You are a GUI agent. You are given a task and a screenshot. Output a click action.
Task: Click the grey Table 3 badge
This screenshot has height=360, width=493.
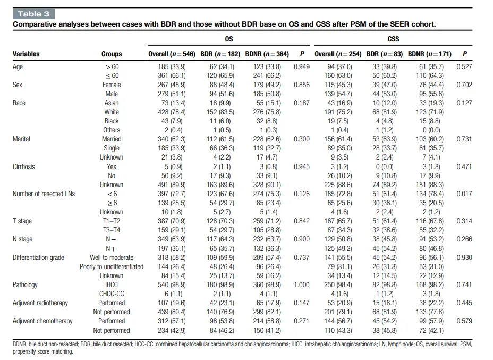pos(33,14)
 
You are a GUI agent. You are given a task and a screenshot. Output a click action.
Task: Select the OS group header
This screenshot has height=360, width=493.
pos(229,39)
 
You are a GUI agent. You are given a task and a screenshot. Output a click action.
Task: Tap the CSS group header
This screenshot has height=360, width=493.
pos(393,39)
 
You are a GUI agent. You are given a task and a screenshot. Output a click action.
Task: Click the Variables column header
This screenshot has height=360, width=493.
pos(26,54)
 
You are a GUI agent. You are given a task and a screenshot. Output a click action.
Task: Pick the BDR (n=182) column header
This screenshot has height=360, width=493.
pos(220,54)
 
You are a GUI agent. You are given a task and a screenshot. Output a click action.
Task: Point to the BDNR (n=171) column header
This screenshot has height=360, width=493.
pos(429,54)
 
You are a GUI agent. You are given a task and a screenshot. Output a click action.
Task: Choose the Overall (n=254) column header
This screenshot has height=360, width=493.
pos(338,54)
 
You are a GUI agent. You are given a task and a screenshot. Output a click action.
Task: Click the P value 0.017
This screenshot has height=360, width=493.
pos(464,194)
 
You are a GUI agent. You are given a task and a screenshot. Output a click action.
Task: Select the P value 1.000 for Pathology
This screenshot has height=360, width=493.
pos(302,285)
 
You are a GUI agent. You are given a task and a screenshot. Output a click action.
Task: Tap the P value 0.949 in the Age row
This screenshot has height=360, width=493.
pos(302,66)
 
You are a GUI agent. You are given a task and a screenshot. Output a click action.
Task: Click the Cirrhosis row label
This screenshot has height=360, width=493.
pos(23,167)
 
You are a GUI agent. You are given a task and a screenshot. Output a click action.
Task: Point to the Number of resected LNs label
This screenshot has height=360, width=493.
pos(44,194)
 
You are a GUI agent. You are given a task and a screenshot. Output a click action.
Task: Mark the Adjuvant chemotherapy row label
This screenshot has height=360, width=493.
pos(42,321)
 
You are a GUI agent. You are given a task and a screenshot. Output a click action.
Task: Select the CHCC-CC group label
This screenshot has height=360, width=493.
pos(112,294)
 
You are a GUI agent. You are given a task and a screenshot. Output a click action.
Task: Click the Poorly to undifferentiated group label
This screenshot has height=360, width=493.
pos(112,267)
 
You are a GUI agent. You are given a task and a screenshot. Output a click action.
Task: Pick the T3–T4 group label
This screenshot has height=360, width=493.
pos(112,230)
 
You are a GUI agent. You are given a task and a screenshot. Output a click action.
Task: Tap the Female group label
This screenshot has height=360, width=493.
pos(112,85)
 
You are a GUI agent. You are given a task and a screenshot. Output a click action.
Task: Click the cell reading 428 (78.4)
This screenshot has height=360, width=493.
pos(172,112)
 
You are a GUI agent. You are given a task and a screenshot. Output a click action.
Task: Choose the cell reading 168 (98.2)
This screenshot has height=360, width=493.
pos(429,285)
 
